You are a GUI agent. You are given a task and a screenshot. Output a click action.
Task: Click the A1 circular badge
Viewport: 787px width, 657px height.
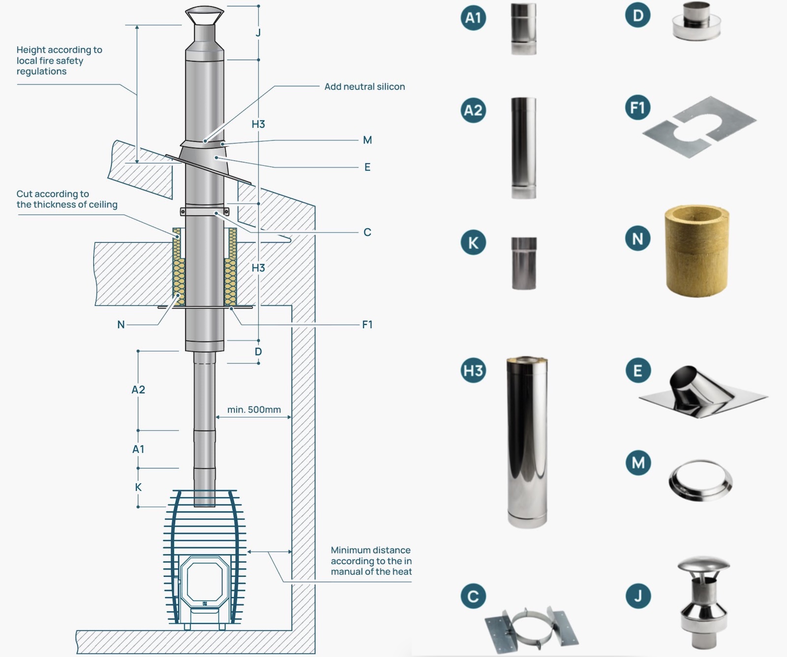point(473,18)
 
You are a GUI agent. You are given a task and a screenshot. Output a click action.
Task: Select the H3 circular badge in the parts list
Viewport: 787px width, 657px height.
point(473,370)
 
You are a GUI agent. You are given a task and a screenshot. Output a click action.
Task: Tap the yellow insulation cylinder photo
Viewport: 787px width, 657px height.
point(696,251)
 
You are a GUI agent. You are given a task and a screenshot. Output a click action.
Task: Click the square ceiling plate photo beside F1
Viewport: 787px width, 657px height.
point(699,126)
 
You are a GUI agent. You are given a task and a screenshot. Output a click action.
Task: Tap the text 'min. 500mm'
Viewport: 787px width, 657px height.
point(254,409)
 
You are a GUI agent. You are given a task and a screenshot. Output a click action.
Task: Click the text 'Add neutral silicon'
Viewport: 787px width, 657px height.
point(364,87)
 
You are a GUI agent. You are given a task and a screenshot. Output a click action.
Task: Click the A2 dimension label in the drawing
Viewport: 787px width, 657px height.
point(138,390)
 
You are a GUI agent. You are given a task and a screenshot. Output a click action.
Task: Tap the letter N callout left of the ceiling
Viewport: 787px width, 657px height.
point(121,324)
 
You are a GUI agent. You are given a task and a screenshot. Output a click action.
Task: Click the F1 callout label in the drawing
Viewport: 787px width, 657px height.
point(367,324)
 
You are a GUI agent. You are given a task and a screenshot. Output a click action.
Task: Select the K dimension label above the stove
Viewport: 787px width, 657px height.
point(138,487)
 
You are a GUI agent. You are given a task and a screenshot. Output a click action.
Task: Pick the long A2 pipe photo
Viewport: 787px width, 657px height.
point(523,148)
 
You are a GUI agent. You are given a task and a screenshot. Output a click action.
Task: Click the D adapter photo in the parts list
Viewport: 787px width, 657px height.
point(696,22)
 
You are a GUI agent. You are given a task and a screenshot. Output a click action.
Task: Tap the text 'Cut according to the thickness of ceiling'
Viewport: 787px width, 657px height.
point(67,199)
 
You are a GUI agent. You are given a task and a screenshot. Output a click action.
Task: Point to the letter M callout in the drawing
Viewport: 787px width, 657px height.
point(367,140)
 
